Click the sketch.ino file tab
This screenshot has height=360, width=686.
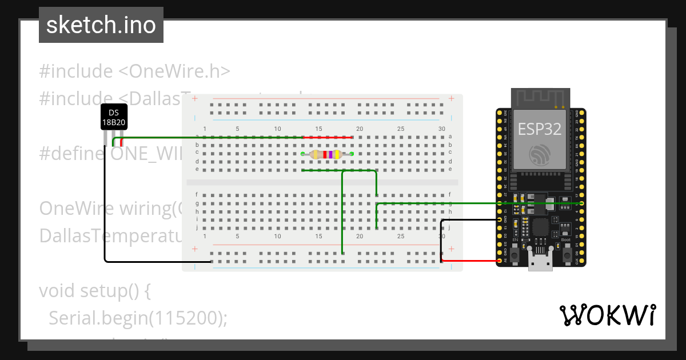point(101,25)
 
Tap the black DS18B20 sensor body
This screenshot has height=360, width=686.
point(114,118)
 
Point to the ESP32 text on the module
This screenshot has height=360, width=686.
point(540,129)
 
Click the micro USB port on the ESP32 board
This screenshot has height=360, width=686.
point(540,264)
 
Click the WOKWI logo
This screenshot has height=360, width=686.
point(607,315)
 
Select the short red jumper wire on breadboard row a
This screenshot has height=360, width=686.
point(327,138)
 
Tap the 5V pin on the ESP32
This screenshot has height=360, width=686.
point(500,261)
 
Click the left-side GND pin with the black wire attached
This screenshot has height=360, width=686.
point(500,219)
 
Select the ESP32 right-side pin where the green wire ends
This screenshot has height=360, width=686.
point(581,203)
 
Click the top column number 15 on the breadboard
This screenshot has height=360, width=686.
point(319,129)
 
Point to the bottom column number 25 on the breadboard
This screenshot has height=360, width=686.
point(401,236)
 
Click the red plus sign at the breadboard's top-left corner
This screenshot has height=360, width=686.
point(195,99)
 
